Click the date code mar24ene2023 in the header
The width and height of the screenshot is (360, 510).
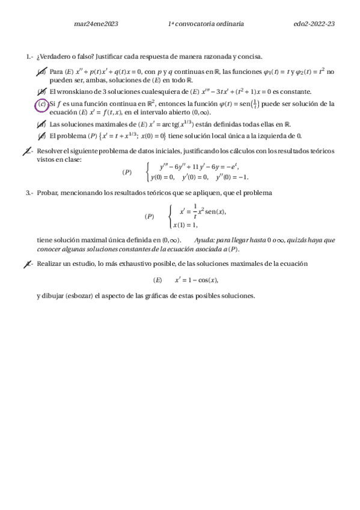[95, 24]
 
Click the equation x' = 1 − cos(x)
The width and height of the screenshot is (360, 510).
[197, 280]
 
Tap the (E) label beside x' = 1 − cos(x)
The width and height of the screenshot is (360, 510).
[158, 280]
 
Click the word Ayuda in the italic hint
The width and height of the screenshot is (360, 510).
[206, 239]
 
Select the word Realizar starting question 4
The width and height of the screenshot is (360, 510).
[50, 263]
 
